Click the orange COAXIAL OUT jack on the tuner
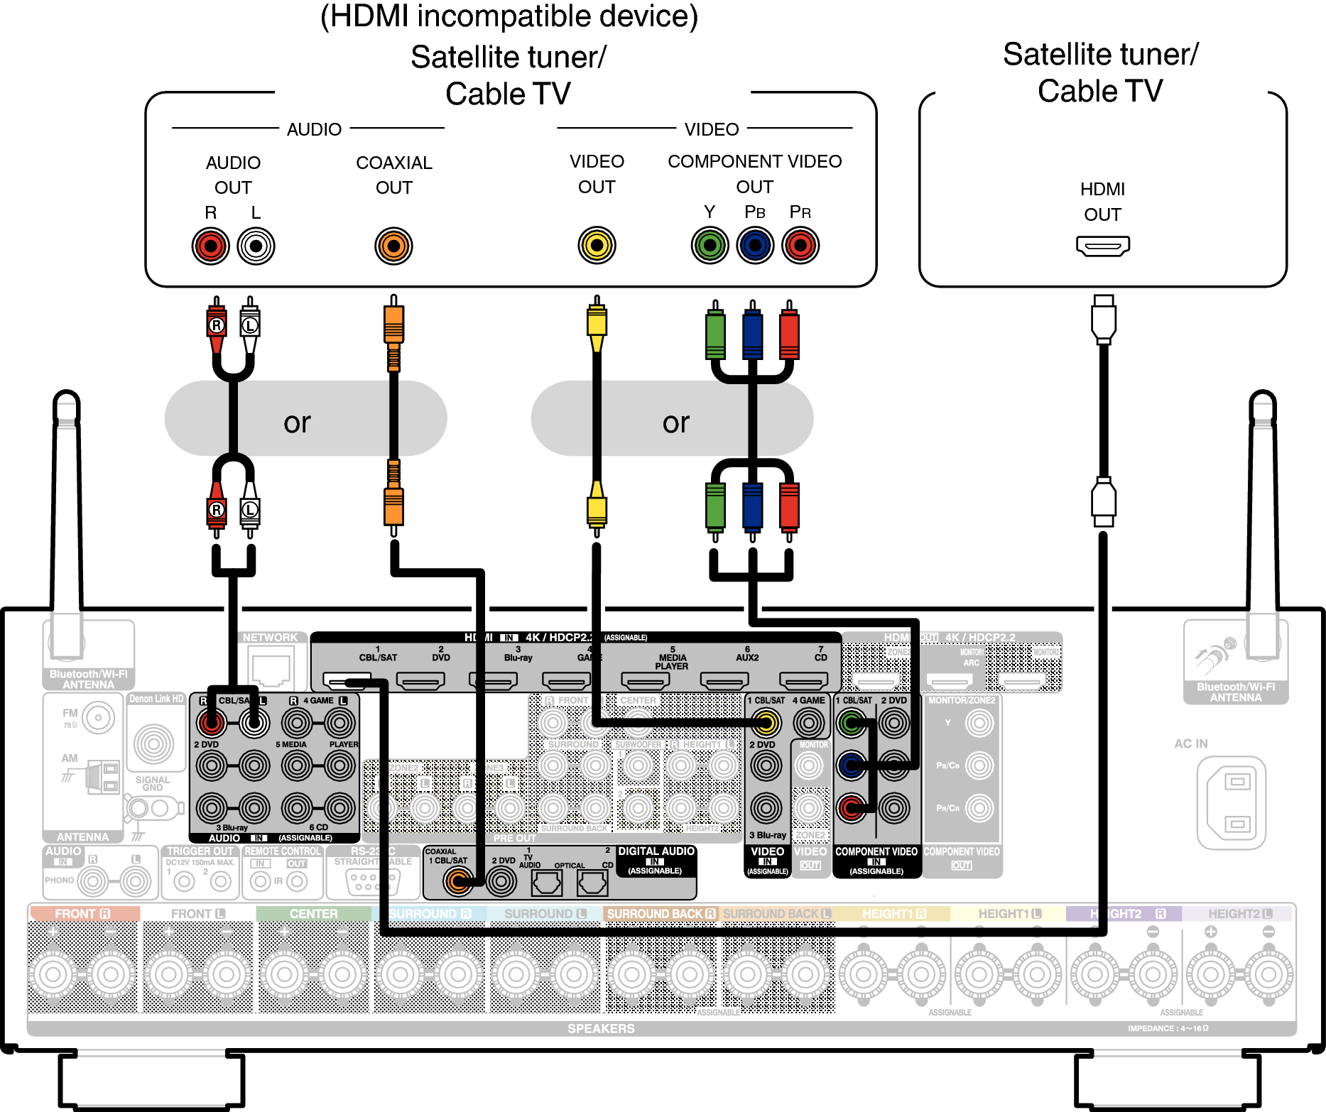[x=393, y=246]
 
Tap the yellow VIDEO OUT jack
[x=597, y=246]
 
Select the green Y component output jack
[x=710, y=246]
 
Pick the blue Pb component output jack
[x=755, y=246]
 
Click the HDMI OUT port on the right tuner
[x=1102, y=246]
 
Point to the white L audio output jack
[x=256, y=246]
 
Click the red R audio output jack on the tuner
[x=211, y=246]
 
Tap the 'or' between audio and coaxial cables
[x=297, y=423]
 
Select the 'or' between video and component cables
[x=675, y=423]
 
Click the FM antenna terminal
[x=98, y=718]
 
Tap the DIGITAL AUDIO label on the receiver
[x=656, y=851]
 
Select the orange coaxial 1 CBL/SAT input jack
[x=458, y=881]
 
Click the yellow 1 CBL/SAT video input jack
[x=766, y=724]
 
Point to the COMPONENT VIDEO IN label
[x=876, y=852]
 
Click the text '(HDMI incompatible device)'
[x=509, y=16]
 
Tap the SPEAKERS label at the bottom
[x=601, y=1028]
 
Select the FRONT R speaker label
[x=82, y=914]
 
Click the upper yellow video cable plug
[x=597, y=323]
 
